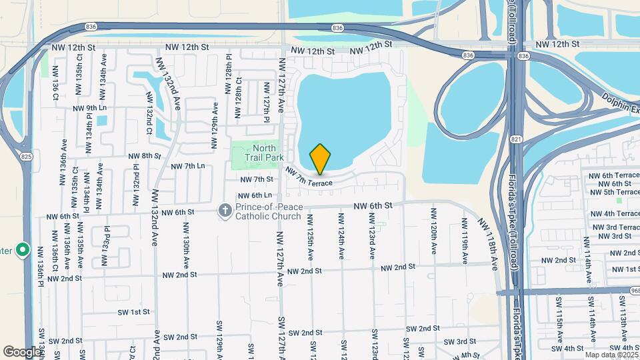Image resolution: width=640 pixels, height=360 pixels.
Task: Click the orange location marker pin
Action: point(320,159)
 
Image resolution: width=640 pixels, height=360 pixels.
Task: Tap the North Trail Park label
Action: point(268,153)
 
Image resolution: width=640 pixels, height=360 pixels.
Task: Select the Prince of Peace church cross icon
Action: point(226,211)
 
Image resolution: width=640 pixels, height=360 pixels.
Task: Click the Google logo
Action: point(22,351)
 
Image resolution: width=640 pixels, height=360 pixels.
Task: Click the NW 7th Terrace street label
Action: point(309,177)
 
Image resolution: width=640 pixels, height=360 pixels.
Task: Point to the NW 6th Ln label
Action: point(254,195)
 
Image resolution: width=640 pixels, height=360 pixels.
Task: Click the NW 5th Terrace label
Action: point(611,192)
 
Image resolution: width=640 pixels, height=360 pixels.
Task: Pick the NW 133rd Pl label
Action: point(105,246)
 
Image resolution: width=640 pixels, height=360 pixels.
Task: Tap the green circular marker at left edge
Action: point(23,251)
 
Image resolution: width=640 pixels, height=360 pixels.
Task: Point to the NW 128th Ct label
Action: point(238,99)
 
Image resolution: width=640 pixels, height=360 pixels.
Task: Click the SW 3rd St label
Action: point(458,342)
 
